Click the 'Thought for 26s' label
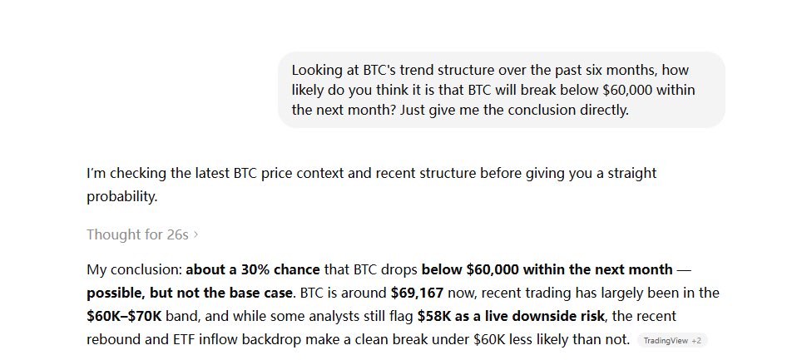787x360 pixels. (137, 234)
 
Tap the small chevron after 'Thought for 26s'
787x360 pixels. (196, 234)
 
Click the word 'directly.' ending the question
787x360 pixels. (601, 109)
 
